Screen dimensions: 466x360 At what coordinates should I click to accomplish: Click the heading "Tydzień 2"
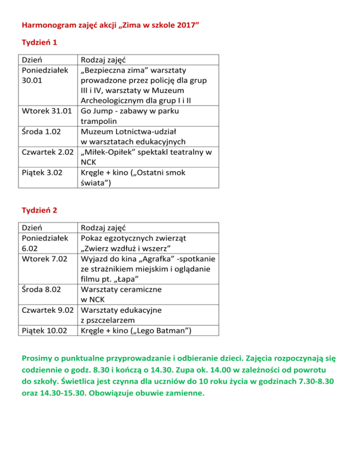pyautogui.click(x=39, y=210)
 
